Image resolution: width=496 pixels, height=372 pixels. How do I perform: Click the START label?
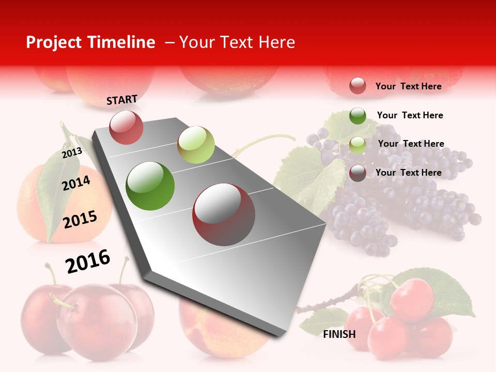[122, 99]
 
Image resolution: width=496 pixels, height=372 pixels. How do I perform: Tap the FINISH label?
[339, 334]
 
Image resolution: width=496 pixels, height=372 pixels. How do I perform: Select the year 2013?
[72, 152]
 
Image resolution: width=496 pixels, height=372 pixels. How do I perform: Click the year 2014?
[76, 183]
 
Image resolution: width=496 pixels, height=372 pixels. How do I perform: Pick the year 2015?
[80, 219]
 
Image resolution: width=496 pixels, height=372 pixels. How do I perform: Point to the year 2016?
[88, 261]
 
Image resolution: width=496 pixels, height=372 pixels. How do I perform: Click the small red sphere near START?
[126, 127]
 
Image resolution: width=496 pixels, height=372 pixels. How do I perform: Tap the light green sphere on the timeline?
[196, 145]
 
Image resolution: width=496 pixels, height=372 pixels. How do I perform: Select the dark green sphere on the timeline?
[150, 186]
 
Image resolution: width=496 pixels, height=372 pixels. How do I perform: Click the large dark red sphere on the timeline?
[224, 214]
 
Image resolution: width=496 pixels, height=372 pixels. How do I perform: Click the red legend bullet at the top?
[358, 86]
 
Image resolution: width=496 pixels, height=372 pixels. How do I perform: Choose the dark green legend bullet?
[358, 115]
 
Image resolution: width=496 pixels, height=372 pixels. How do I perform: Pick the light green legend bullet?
[358, 145]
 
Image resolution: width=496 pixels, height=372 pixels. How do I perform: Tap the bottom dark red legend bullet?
[358, 173]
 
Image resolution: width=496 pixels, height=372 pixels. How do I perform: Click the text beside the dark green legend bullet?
[410, 115]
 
